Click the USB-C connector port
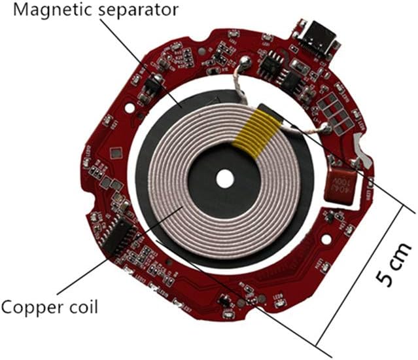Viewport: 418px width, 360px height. [x=320, y=39]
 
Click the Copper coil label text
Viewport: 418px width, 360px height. [x=49, y=307]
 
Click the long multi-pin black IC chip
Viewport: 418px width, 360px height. [x=118, y=234]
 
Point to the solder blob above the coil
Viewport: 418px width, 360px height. [x=245, y=63]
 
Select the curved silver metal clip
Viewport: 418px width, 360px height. [x=362, y=151]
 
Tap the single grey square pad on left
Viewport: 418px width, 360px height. [x=116, y=153]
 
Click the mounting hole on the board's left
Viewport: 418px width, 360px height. [x=130, y=108]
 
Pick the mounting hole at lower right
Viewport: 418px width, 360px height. [x=326, y=239]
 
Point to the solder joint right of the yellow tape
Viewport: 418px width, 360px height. [x=327, y=128]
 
